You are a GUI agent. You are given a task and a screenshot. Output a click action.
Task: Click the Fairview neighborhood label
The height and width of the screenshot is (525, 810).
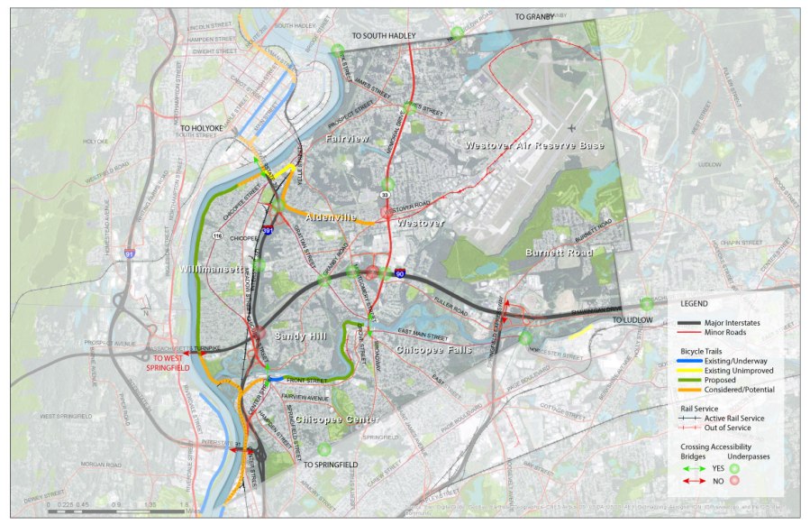coord(347,139)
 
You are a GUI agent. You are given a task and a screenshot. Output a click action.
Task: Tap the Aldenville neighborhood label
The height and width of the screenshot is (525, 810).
coord(331,217)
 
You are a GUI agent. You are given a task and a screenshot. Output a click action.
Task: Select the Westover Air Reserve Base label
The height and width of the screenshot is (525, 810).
coord(534,145)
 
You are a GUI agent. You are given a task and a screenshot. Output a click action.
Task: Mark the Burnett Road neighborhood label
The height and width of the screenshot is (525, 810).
coord(560,253)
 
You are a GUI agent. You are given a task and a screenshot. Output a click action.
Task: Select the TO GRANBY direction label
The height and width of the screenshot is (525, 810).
coord(535,17)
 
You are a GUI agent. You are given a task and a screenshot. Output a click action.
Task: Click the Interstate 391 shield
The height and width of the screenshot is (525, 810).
coord(268,231)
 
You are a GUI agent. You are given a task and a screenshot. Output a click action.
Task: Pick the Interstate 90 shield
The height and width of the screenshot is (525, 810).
coord(398,272)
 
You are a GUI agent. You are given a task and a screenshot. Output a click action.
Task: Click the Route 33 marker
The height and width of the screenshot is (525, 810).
coord(385,195)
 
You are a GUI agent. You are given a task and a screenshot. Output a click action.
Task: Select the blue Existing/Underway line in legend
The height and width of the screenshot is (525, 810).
coord(697,362)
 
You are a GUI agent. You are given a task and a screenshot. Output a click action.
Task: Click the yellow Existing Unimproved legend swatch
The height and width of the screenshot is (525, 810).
coord(697,371)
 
